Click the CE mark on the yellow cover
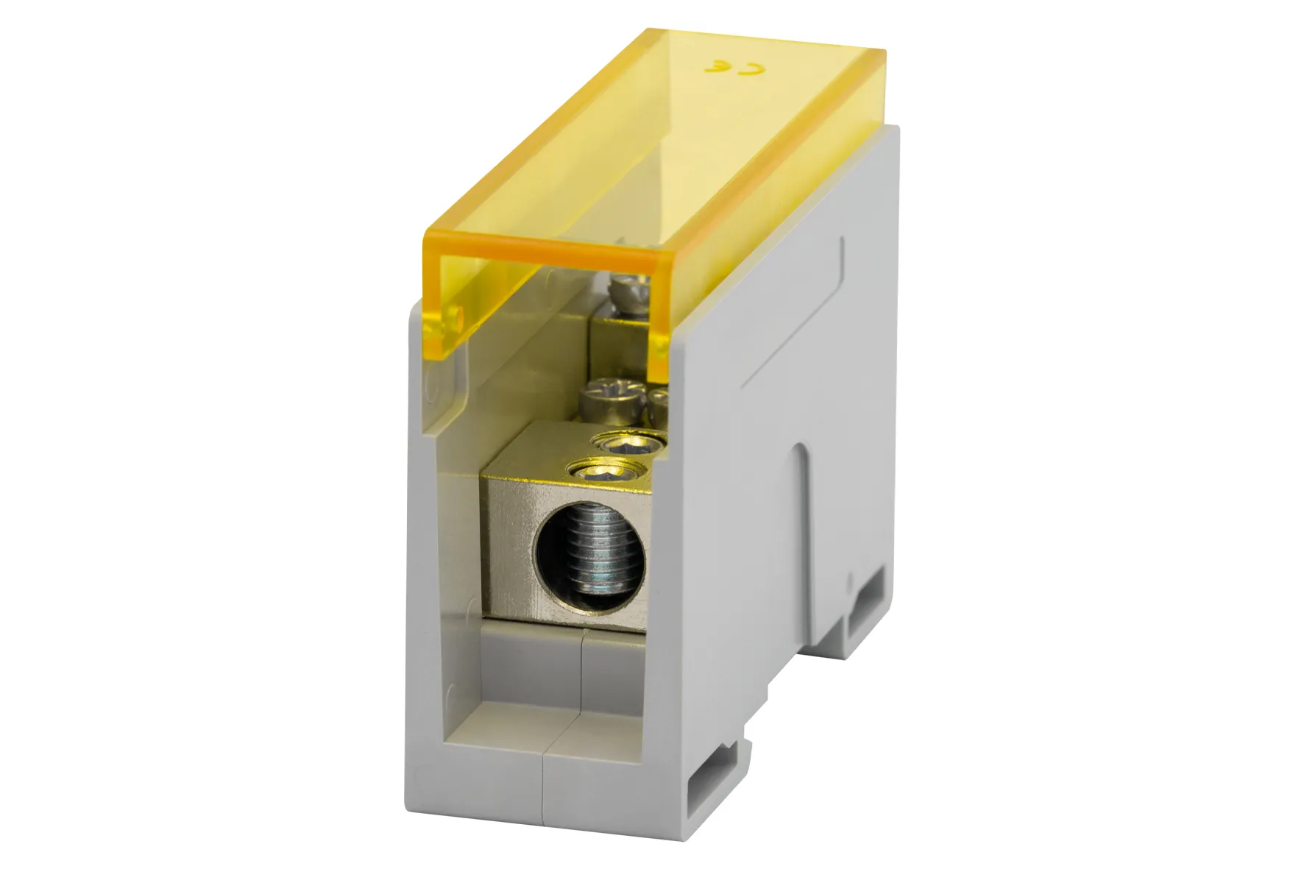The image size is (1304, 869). (735, 68)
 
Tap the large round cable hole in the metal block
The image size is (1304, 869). (588, 549)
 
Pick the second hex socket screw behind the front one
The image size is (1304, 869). (629, 441)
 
